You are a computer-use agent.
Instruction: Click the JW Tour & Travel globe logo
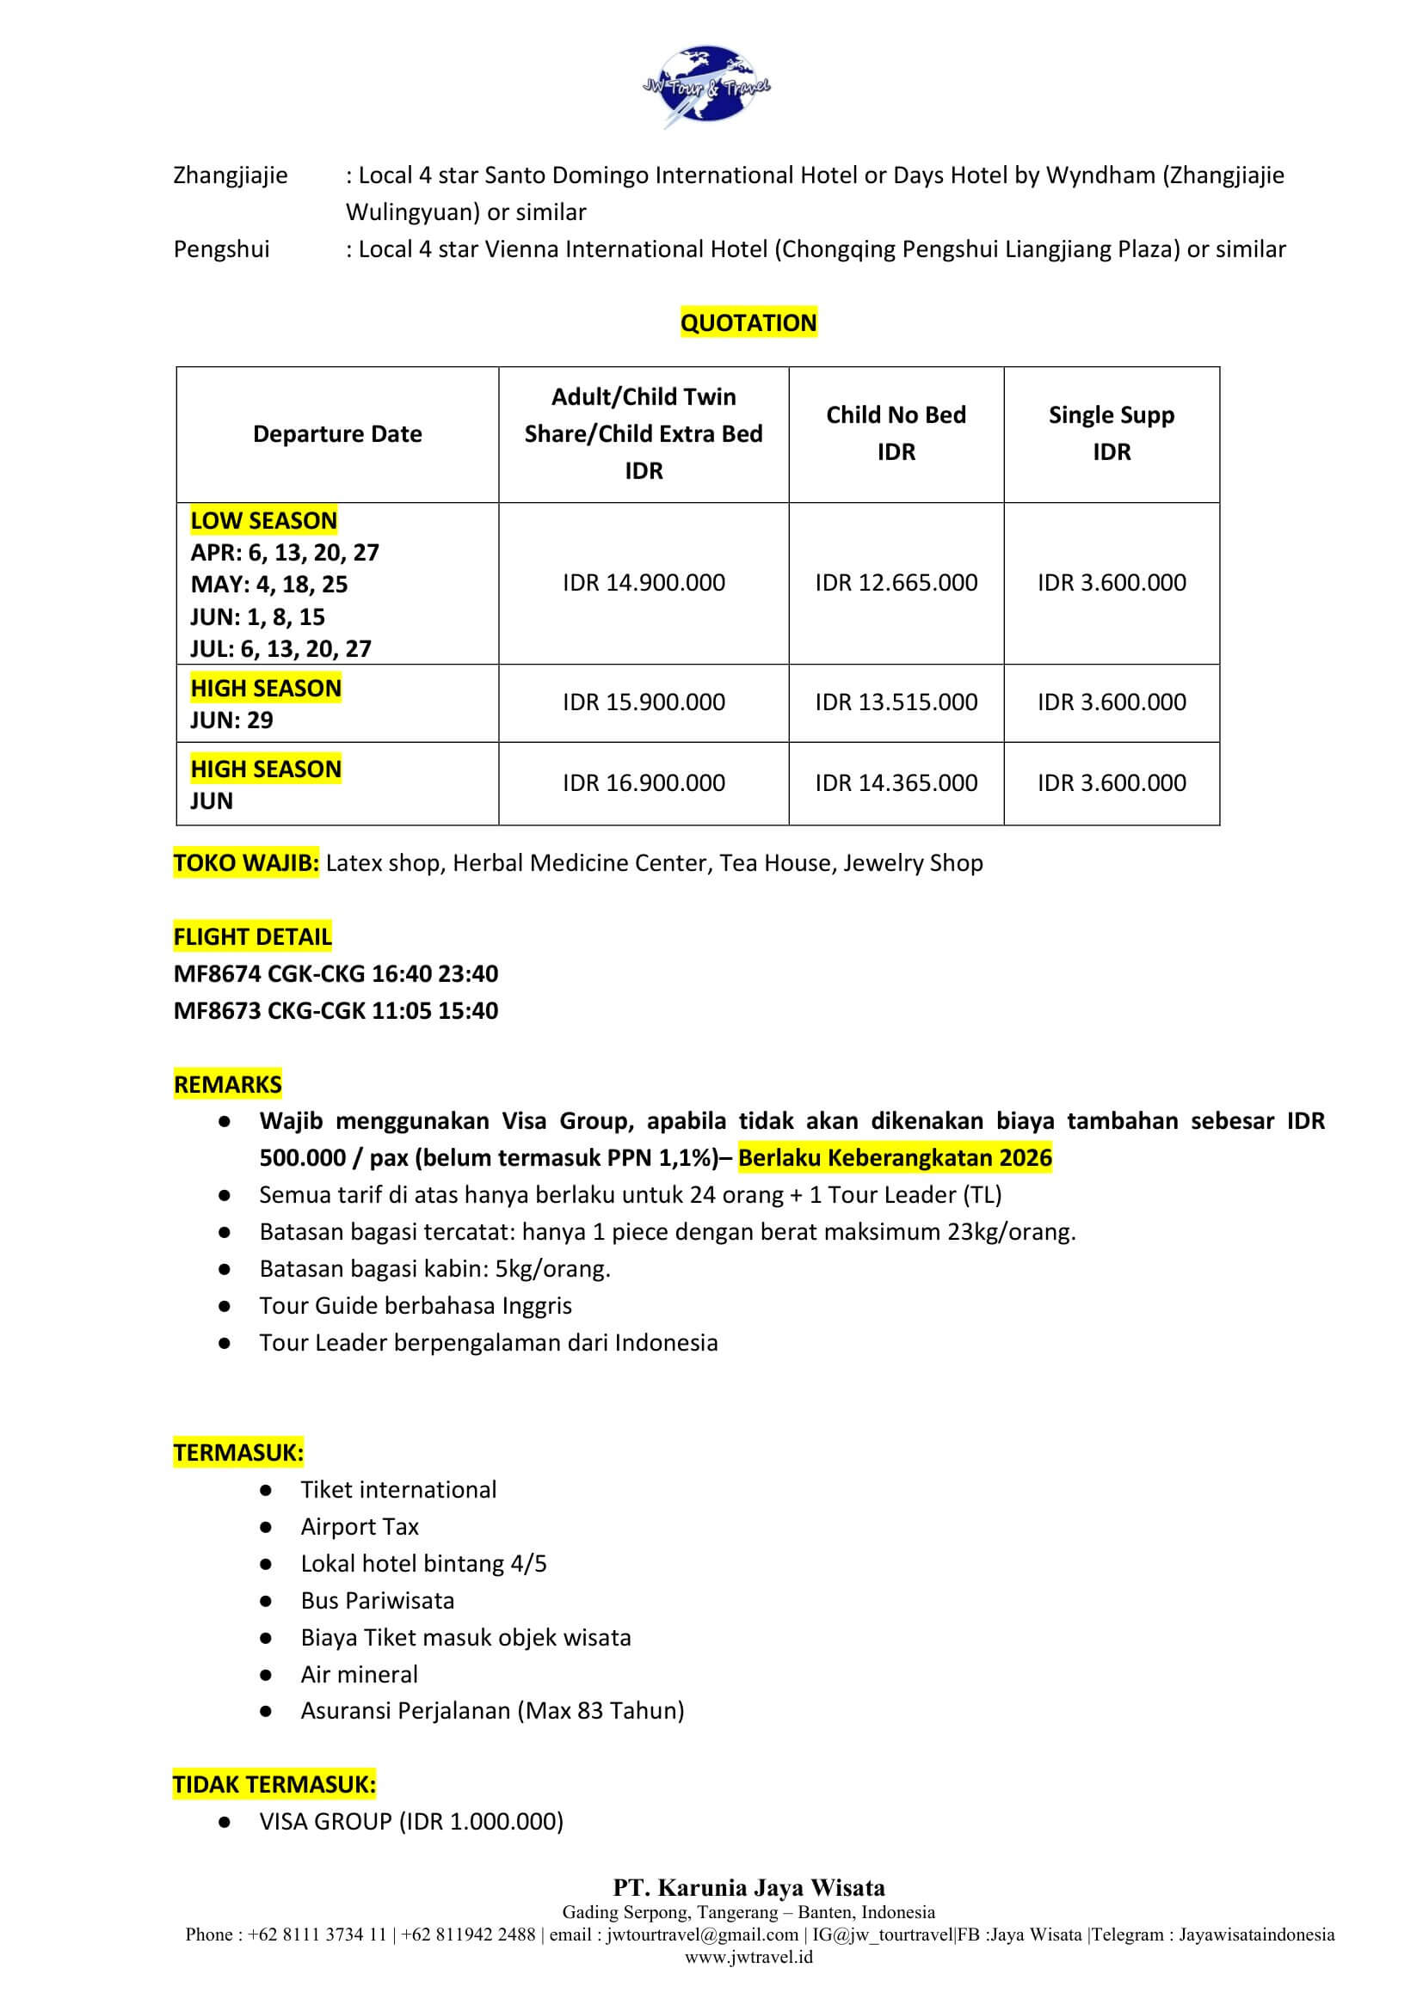[706, 87]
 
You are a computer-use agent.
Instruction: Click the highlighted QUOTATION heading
[748, 322]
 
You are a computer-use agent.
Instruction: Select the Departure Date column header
[337, 433]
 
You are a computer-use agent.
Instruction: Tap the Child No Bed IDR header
[896, 432]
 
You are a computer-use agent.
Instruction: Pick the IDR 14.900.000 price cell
[644, 582]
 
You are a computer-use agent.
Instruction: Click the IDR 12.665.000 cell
[896, 582]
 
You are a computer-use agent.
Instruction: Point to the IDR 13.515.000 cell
[896, 702]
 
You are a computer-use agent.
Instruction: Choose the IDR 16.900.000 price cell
[644, 782]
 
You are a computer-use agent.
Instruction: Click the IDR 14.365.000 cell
[896, 782]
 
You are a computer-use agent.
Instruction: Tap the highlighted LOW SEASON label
[264, 520]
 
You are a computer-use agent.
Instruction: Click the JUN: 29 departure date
[231, 720]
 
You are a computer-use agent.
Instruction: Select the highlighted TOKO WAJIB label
[246, 862]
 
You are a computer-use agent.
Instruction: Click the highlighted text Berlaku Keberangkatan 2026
[895, 1157]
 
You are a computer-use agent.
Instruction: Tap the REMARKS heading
[228, 1084]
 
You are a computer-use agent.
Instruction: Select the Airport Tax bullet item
[360, 1526]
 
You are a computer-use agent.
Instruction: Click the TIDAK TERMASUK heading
[274, 1784]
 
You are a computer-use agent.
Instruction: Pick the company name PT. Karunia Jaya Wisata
[748, 1887]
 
